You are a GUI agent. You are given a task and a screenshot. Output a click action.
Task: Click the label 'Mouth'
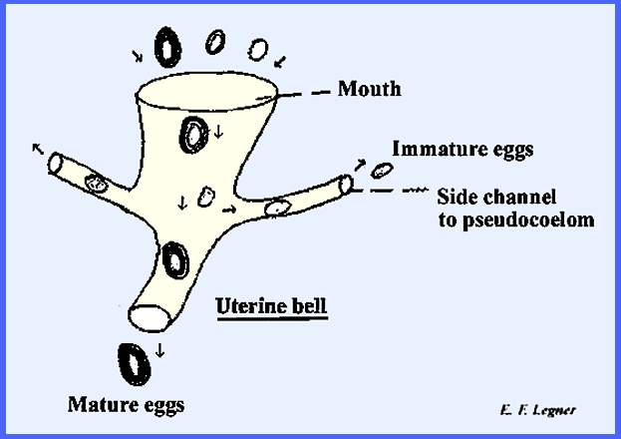(x=369, y=90)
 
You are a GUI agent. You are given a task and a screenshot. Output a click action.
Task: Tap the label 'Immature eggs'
(x=463, y=151)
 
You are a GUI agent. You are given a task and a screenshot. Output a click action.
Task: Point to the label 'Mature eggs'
(x=126, y=405)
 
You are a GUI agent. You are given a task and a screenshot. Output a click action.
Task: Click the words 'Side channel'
(x=496, y=197)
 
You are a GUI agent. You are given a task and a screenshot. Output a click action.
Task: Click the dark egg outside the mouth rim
(x=167, y=46)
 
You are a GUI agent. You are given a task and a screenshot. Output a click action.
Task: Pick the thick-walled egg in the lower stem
(x=177, y=261)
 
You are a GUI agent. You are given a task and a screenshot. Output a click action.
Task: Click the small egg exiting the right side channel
(x=380, y=172)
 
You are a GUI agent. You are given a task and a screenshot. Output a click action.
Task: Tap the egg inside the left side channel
(x=97, y=183)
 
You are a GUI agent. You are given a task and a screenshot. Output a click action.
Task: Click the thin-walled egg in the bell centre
(x=206, y=197)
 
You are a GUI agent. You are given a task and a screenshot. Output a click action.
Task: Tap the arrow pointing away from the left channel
(x=37, y=148)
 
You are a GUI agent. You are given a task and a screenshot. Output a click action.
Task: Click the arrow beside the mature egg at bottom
(x=160, y=351)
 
